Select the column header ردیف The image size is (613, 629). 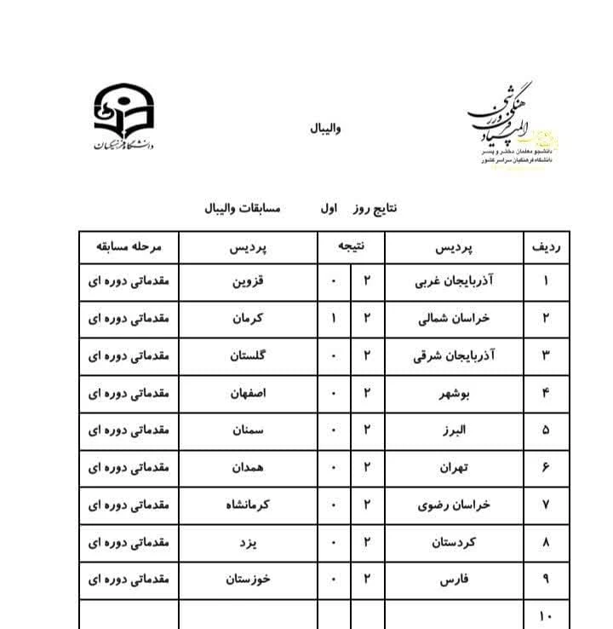(x=545, y=248)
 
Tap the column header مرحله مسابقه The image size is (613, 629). (x=129, y=248)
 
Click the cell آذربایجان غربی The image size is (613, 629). (x=453, y=281)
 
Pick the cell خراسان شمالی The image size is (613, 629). (x=455, y=319)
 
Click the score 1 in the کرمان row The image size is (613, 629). (x=334, y=319)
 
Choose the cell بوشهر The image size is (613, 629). (x=453, y=394)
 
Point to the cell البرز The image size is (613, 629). (x=453, y=430)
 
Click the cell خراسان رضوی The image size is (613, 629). (x=455, y=505)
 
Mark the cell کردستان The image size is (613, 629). (x=453, y=542)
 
